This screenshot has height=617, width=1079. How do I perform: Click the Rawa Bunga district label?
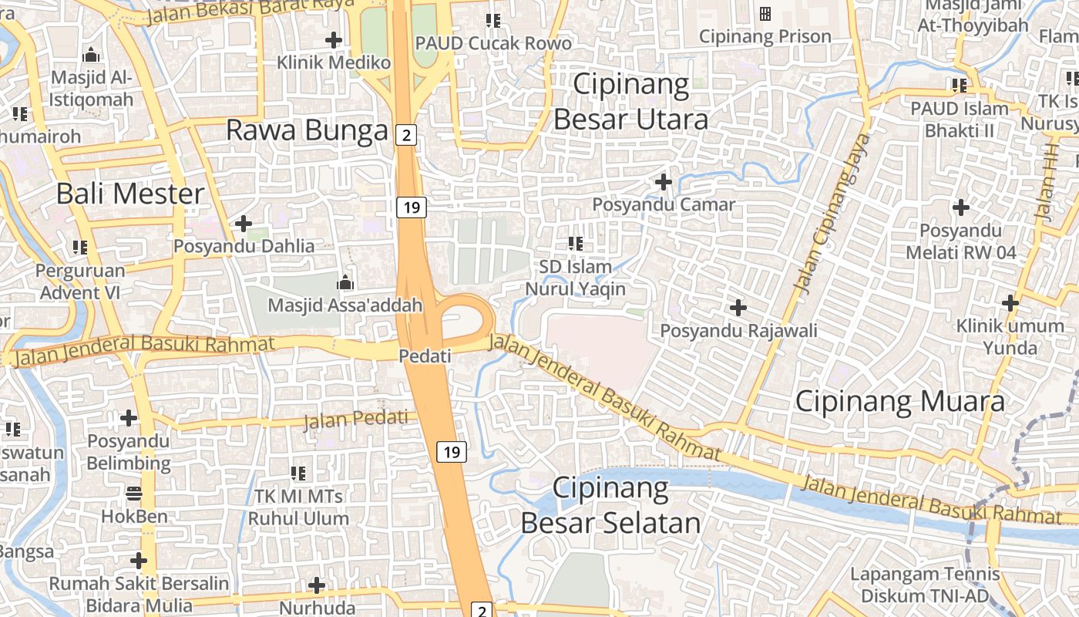[307, 130]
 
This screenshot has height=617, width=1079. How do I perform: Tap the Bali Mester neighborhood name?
[130, 193]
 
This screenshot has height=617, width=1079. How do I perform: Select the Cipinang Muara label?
[899, 401]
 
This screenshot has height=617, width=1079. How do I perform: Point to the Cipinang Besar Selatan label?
[610, 505]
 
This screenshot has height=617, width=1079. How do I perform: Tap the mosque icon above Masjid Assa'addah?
[345, 282]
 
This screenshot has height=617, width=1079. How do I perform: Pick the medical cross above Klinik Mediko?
[334, 39]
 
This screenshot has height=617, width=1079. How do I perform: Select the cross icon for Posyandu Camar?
[663, 182]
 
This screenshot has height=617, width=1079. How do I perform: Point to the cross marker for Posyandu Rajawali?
[738, 308]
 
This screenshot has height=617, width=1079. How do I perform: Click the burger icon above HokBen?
[134, 493]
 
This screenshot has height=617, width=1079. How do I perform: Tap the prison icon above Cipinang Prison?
[765, 14]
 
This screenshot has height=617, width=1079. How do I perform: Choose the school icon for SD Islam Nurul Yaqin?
[575, 244]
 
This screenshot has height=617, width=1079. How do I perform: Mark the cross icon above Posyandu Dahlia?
[244, 224]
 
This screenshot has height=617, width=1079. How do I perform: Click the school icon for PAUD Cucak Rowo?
[493, 20]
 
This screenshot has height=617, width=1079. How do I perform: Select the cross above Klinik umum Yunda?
[1010, 303]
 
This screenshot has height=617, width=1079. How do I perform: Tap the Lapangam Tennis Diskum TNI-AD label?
[924, 585]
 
